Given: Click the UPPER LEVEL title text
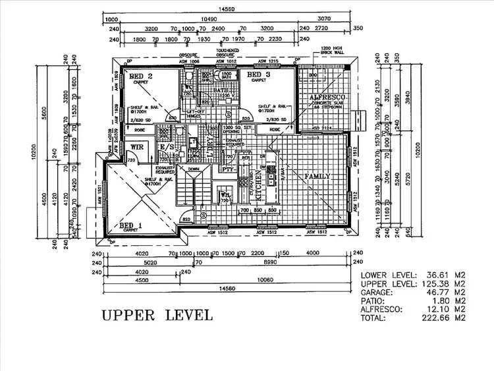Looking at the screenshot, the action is [157, 314].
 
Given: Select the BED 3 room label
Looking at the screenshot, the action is [258, 76].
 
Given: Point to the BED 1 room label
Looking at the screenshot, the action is [131, 226].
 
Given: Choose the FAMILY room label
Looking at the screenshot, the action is [317, 177].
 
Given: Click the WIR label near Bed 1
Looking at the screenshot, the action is [137, 148].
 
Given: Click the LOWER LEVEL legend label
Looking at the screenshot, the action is [388, 274].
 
